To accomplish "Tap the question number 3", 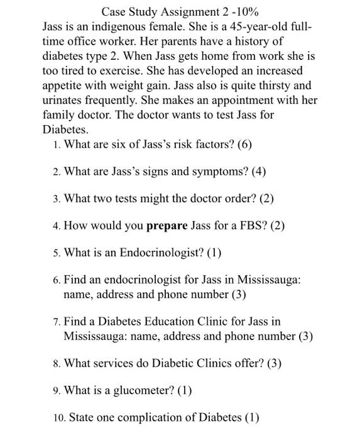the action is point(57,199).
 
